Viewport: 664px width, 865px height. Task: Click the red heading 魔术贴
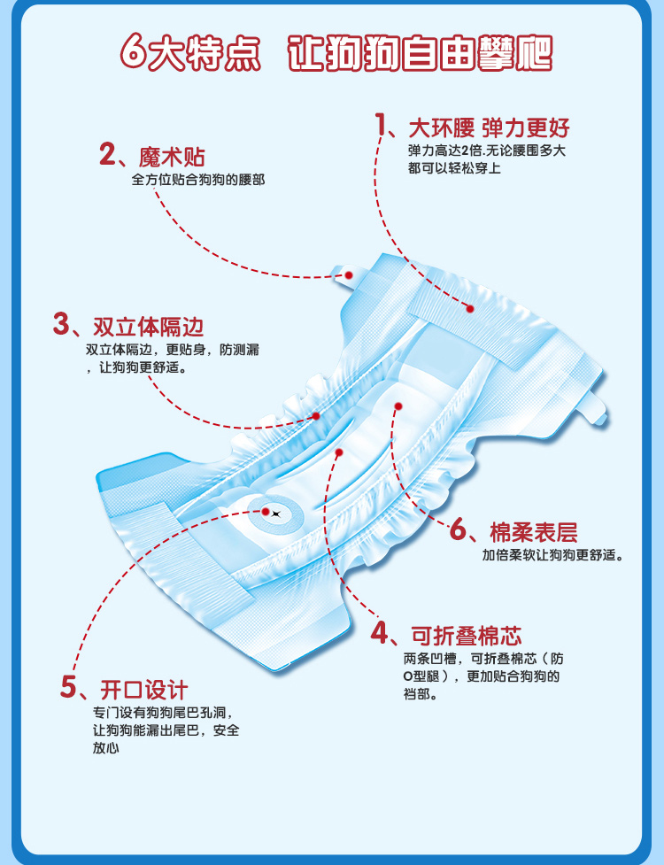point(172,157)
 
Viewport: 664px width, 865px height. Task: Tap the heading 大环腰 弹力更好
point(489,127)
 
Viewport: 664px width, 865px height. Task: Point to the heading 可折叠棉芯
point(466,635)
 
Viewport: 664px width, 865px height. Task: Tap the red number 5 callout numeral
point(70,687)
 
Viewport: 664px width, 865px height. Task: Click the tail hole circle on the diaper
point(274,511)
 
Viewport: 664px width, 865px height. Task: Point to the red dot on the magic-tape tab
point(349,276)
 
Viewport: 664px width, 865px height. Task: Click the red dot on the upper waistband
point(470,309)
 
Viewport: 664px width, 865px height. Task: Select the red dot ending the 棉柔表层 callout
point(398,406)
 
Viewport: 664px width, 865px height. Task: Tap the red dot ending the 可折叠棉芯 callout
point(340,452)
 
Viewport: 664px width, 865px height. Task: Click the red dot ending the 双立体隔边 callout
point(315,415)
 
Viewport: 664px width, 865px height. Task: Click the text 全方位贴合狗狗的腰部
point(198,180)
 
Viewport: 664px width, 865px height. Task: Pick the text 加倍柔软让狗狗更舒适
point(552,556)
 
